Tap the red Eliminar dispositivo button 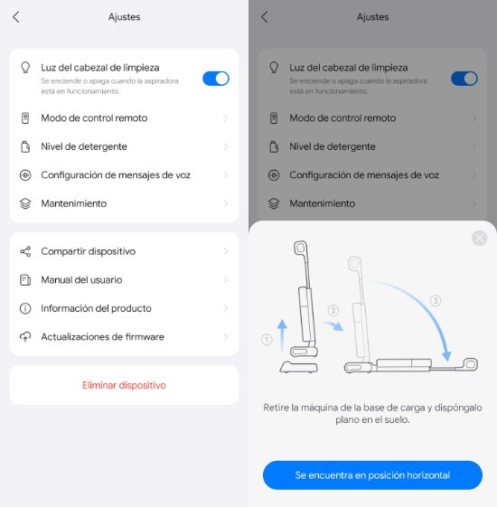click(124, 385)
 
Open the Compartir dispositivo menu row click(124, 251)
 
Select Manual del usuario click(124, 279)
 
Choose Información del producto click(124, 308)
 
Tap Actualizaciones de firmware click(124, 336)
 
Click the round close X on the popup click(479, 239)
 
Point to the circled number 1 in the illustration click(267, 340)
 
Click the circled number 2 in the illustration click(333, 310)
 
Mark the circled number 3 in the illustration click(436, 301)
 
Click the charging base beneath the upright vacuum click(299, 368)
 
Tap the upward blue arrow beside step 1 click(282, 335)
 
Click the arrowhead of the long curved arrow click(446, 356)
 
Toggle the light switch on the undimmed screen click(216, 79)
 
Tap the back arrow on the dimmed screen click(265, 17)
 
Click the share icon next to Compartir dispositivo click(25, 251)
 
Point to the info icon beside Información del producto click(25, 308)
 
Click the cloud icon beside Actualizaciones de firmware click(25, 336)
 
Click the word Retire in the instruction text click(276, 408)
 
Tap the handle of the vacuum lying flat click(470, 364)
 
